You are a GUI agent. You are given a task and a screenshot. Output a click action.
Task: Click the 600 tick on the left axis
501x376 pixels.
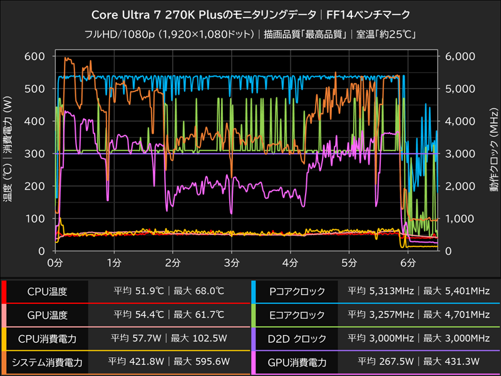(34, 56)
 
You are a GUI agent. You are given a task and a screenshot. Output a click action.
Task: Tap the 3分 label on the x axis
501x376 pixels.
(232, 261)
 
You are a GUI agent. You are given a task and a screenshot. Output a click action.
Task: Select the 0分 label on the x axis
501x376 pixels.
(56, 261)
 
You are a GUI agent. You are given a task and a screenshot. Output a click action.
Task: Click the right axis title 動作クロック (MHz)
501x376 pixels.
(493, 154)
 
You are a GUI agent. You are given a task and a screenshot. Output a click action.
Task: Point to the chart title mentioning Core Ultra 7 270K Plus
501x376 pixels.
(250, 14)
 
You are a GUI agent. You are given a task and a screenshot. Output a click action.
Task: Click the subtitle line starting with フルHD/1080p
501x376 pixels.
(250, 34)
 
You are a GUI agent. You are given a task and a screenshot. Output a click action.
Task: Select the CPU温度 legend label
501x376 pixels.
(47, 291)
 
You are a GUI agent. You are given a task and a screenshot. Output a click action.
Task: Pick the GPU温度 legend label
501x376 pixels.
(47, 315)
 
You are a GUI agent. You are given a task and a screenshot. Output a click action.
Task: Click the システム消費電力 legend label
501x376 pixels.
(47, 362)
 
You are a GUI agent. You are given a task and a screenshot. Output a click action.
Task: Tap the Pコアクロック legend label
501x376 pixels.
(297, 291)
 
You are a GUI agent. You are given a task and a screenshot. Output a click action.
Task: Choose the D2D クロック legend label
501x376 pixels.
(297, 338)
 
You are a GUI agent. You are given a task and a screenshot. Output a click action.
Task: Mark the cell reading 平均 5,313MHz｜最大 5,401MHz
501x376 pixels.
(419, 291)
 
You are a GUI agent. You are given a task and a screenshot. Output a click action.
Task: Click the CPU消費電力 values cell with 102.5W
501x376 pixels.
(168, 338)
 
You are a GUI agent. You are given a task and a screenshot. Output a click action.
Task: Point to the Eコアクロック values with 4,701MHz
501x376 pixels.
(419, 315)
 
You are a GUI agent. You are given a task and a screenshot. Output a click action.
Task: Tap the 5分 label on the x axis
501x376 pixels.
(349, 261)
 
